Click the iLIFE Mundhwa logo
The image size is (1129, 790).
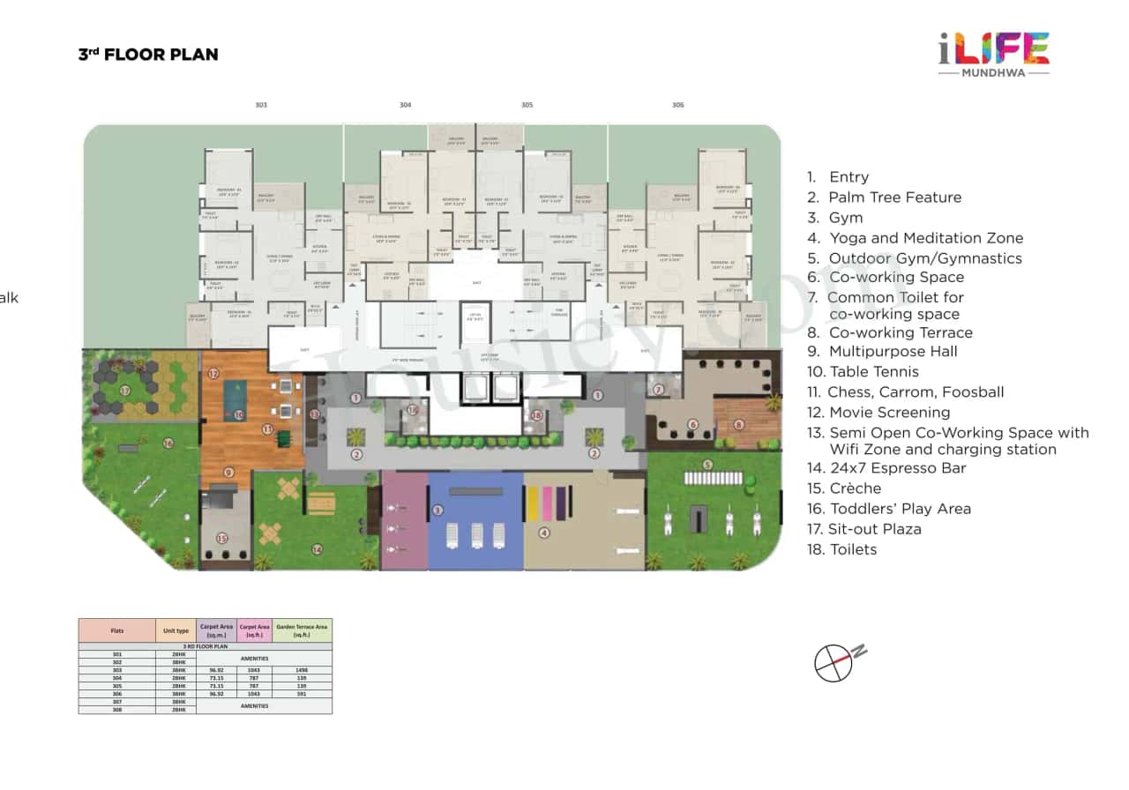click(x=992, y=53)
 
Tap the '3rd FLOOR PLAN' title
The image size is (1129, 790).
click(x=148, y=55)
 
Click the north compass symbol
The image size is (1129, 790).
click(x=836, y=662)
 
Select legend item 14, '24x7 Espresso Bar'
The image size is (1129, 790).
click(x=897, y=468)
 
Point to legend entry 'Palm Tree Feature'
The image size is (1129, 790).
click(x=894, y=197)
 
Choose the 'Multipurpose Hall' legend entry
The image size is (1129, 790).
click(x=893, y=351)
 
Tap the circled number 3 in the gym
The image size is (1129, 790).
click(x=437, y=510)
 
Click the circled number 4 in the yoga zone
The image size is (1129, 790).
click(x=544, y=533)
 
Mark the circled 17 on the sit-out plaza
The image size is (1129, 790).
click(x=125, y=391)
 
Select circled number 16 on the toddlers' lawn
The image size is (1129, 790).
click(x=168, y=443)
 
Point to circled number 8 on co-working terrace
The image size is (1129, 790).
click(x=739, y=424)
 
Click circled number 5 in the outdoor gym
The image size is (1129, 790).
click(x=707, y=465)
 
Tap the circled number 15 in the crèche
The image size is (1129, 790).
click(x=222, y=538)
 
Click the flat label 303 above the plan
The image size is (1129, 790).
click(x=261, y=105)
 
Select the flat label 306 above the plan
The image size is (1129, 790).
click(x=677, y=105)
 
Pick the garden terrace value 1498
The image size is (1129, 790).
click(x=302, y=670)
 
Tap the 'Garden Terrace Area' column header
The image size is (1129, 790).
click(x=302, y=630)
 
